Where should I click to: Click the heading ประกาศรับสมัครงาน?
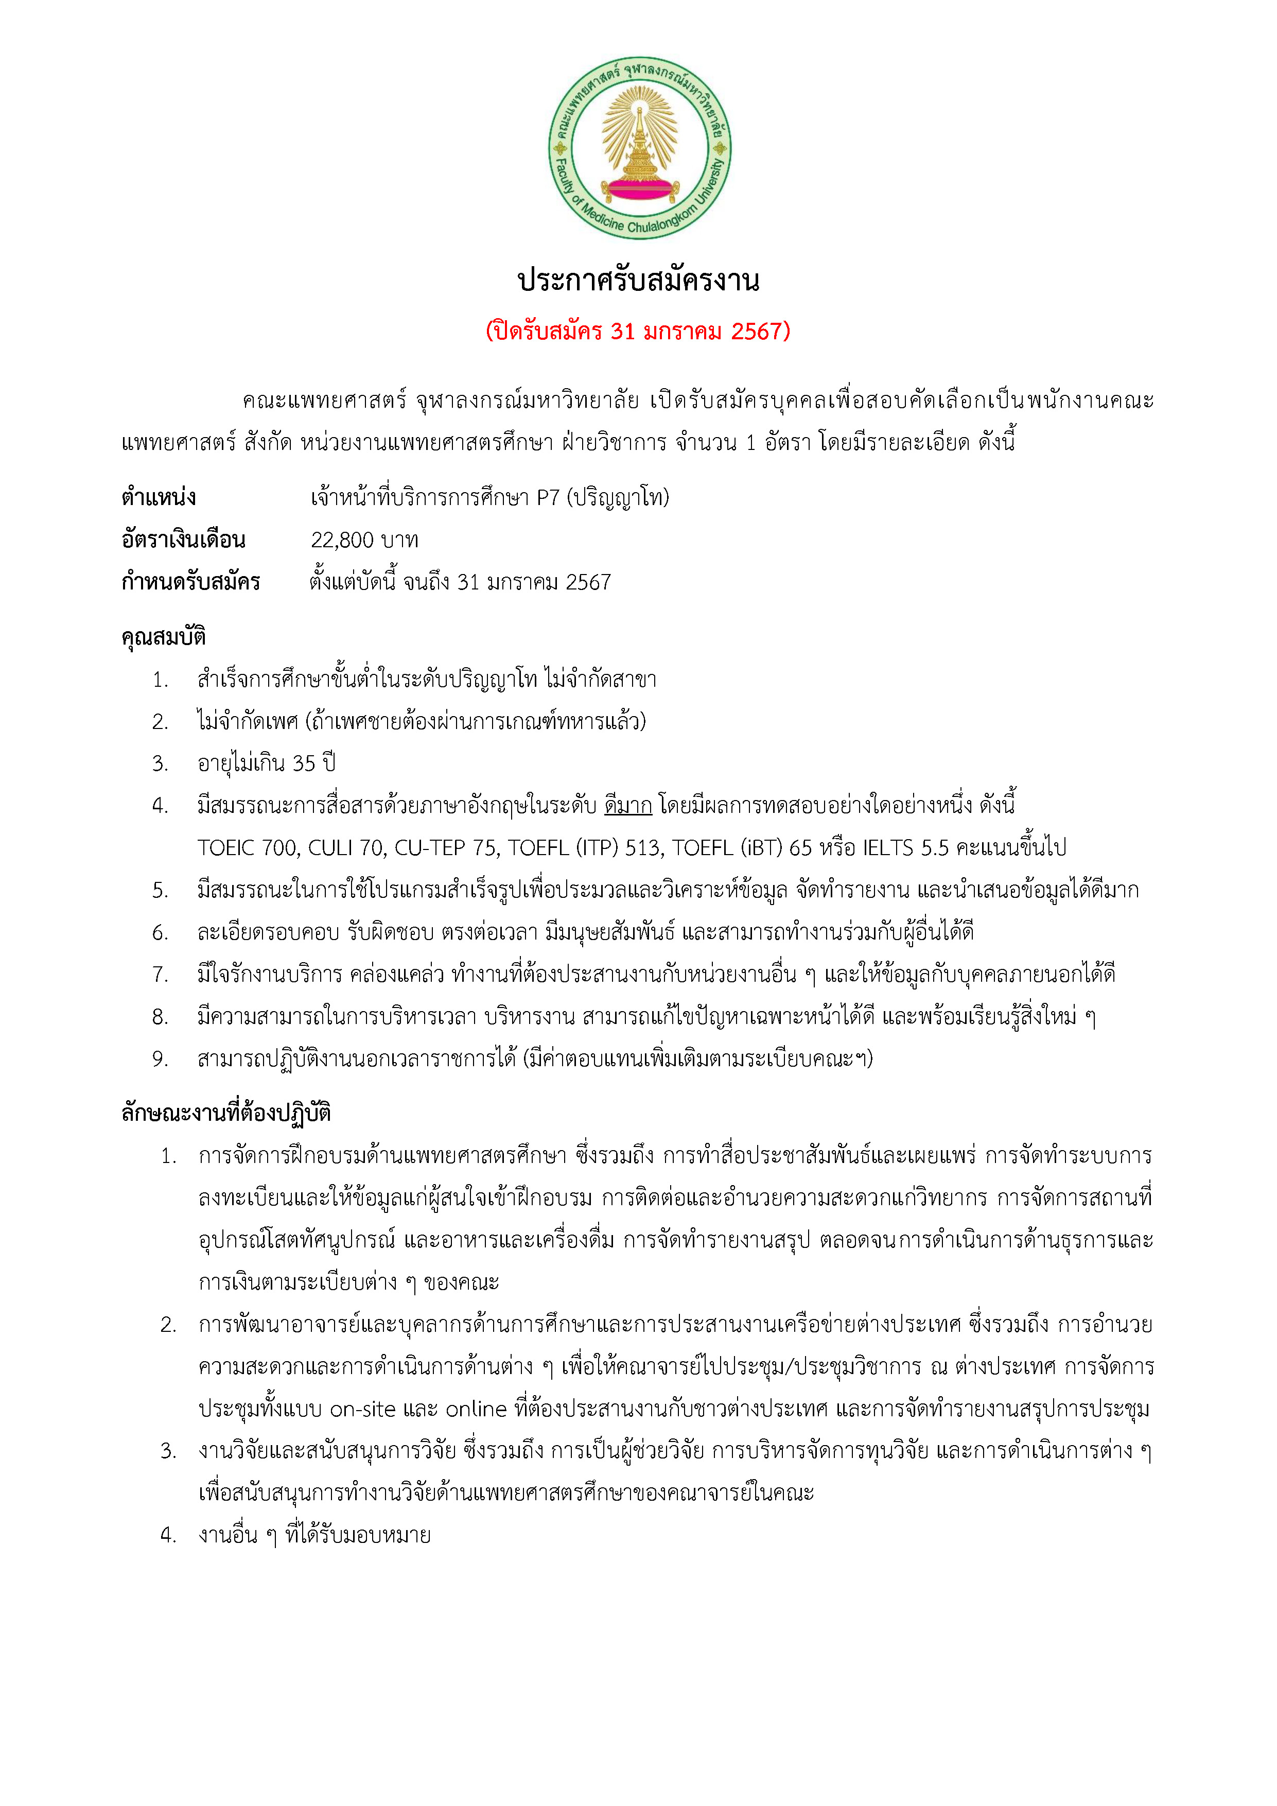point(638,281)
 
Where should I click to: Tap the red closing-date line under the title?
point(638,331)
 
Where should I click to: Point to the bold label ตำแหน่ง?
point(159,498)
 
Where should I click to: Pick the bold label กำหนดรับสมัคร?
point(190,583)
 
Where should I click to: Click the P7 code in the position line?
point(548,498)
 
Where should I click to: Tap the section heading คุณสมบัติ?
point(164,636)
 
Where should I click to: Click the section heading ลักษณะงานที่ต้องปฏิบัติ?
point(226,1113)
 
